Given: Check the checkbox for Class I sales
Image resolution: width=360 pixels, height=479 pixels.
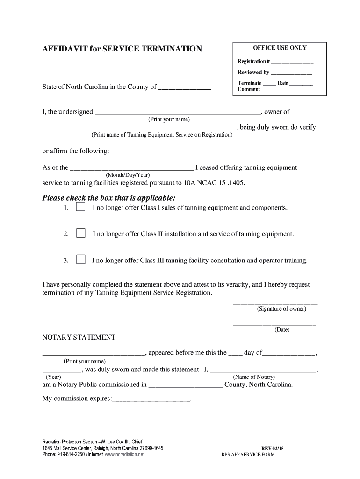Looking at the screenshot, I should tap(80, 207).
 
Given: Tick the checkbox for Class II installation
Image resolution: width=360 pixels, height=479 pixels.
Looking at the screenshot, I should tap(80, 233).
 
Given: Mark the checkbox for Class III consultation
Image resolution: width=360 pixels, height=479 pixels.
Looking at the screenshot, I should tap(80, 260).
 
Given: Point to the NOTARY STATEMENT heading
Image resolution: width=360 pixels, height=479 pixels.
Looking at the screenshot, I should tap(79, 337).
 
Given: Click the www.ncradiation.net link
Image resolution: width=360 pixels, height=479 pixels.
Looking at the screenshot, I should tap(124, 454).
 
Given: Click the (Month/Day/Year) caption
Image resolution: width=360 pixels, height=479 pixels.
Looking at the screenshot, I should tap(128, 175).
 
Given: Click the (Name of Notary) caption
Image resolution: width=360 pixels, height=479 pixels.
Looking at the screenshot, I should tap(254, 377).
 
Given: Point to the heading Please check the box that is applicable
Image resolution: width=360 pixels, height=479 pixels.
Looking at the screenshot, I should tap(109, 197).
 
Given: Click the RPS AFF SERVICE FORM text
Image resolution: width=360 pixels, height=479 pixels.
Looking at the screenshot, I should tap(248, 455).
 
